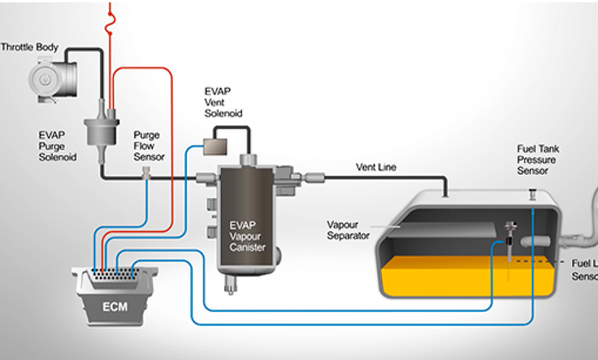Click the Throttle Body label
[x=29, y=48]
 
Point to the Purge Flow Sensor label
[x=149, y=146]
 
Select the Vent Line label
[x=376, y=167]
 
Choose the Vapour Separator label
[x=348, y=230]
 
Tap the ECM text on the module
[x=115, y=305]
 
